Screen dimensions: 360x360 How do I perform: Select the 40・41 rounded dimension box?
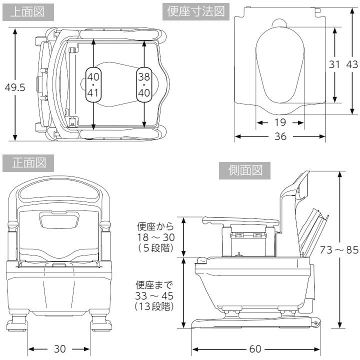tap(93, 84)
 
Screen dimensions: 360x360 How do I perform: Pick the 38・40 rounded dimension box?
tap(143, 84)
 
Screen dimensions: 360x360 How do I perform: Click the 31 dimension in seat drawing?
tap(334, 64)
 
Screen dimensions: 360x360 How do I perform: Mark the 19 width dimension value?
tap(280, 122)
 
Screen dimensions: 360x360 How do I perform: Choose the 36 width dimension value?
tap(280, 136)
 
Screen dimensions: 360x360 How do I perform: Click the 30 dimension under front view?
tap(59, 348)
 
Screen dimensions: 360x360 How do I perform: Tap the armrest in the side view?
tap(240, 220)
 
